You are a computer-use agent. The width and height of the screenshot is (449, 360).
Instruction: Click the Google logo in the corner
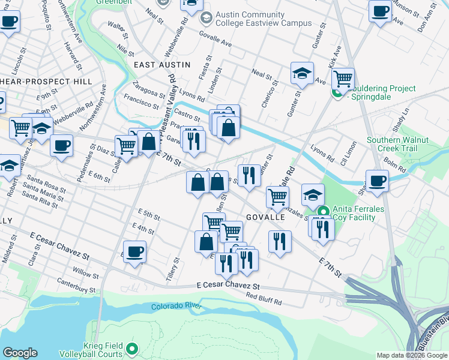(20, 353)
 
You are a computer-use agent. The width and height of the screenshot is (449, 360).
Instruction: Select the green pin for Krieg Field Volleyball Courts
(134, 348)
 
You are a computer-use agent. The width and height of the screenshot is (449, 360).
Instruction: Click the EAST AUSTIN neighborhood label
(161, 64)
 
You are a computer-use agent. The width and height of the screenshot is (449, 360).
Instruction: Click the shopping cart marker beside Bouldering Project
(343, 78)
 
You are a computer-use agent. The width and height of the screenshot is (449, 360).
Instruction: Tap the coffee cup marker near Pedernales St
(61, 145)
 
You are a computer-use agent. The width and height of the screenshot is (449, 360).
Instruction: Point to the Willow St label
(86, 274)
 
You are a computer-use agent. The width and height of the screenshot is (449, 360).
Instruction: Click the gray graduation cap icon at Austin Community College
(206, 19)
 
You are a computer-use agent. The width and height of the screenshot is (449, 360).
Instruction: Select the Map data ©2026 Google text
(411, 355)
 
